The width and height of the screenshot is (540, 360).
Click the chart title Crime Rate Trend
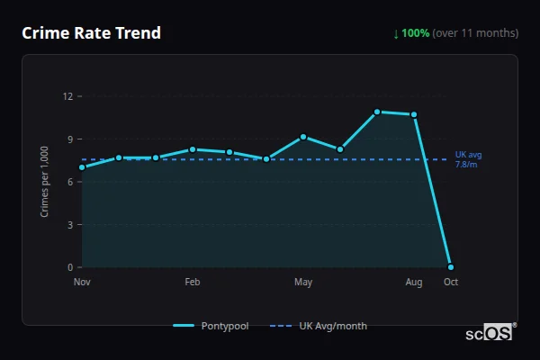click(91, 33)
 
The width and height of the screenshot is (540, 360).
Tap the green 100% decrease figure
click(415, 33)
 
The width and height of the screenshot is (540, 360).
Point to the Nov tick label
click(82, 283)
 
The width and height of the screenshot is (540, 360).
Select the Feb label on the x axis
click(193, 283)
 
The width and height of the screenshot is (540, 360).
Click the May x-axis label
click(303, 283)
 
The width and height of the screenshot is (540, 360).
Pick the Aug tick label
click(414, 283)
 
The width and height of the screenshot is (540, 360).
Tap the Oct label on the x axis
click(450, 283)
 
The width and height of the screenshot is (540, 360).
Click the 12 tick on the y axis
click(68, 96)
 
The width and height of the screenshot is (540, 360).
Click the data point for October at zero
click(451, 267)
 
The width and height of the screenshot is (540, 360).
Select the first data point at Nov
click(82, 167)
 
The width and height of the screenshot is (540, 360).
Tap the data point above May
click(303, 137)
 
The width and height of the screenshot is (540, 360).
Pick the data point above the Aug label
click(414, 114)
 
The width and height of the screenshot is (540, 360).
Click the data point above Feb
click(193, 149)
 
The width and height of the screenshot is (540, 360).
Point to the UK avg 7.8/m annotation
click(467, 159)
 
